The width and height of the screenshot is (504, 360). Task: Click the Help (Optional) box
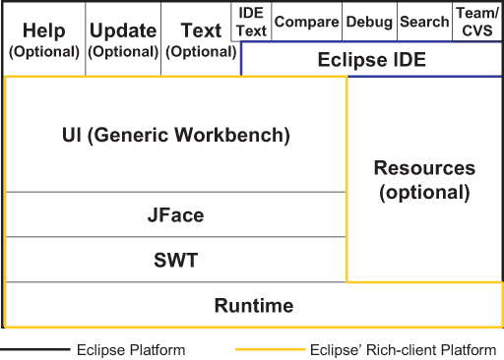pyautogui.click(x=43, y=39)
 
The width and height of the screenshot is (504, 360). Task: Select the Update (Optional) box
pyautogui.click(x=123, y=39)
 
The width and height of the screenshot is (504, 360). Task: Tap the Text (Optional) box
pyautogui.click(x=201, y=39)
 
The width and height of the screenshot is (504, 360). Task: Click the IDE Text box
pyautogui.click(x=252, y=22)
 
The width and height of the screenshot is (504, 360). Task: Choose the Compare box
pyautogui.click(x=306, y=22)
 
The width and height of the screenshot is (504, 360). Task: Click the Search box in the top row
pyautogui.click(x=424, y=22)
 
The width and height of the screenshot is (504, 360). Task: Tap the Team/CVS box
pyautogui.click(x=476, y=22)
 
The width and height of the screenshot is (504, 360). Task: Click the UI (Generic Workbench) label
pyautogui.click(x=176, y=135)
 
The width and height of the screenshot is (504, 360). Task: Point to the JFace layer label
pyautogui.click(x=176, y=214)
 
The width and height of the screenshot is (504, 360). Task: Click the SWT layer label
pyautogui.click(x=176, y=261)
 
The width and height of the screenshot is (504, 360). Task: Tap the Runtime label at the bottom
pyautogui.click(x=253, y=306)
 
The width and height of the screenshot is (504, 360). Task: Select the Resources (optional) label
pyautogui.click(x=424, y=180)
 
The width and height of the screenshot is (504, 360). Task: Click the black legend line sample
pyautogui.click(x=35, y=349)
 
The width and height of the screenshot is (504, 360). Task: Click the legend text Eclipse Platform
pyautogui.click(x=130, y=349)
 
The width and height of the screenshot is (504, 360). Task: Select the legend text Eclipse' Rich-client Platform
pyautogui.click(x=404, y=349)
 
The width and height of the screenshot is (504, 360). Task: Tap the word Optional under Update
pyautogui.click(x=123, y=51)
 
